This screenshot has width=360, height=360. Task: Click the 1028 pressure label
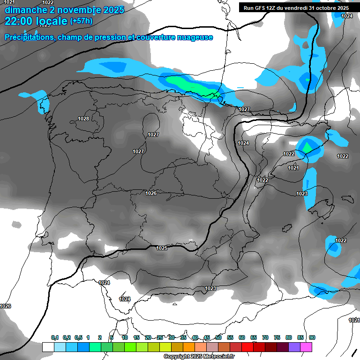pyautogui.click(x=83, y=119)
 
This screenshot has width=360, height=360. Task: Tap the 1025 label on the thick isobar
pyautogui.click(x=162, y=248)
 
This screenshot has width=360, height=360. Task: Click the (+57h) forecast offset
pyautogui.click(x=81, y=21)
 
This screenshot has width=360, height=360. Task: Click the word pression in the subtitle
pyautogui.click(x=112, y=37)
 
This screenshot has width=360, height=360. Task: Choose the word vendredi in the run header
pyautogui.click(x=297, y=8)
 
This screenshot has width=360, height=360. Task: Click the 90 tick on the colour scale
pyautogui.click(x=312, y=337)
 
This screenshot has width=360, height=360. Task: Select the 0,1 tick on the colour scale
pyautogui.click(x=55, y=337)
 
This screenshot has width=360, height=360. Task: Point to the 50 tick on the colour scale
pyautogui.click(x=218, y=337)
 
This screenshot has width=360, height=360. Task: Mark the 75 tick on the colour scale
pyautogui.click(x=277, y=337)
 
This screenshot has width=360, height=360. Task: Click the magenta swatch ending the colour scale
pyautogui.click(x=306, y=347)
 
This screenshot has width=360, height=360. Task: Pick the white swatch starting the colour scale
pyautogui.click(x=48, y=347)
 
